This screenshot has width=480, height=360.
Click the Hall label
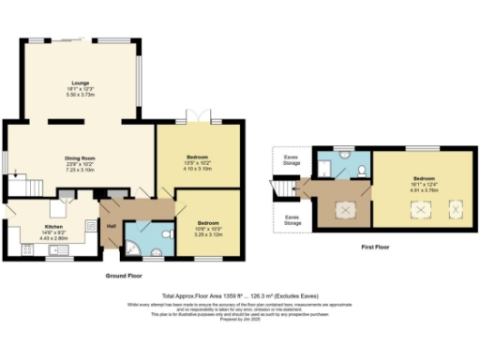coord(111,227)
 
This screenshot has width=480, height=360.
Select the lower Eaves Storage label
coord(292,221)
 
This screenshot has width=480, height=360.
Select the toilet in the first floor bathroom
coord(361,170)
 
